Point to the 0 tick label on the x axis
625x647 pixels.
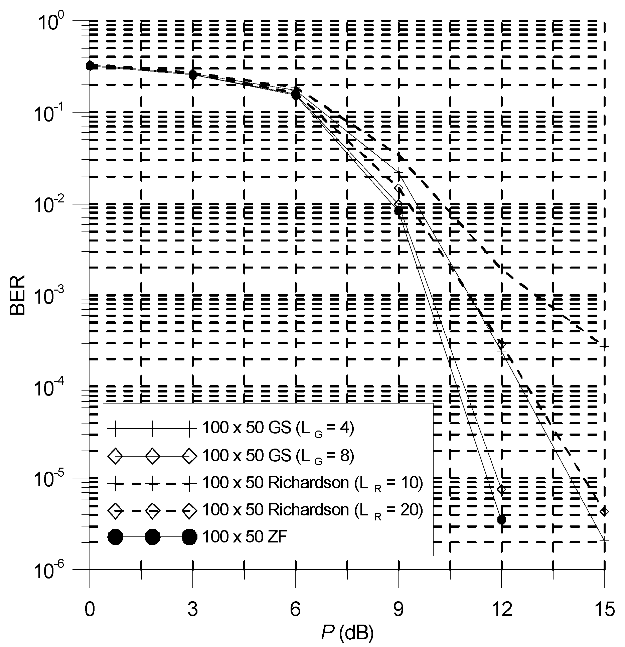coord(90,609)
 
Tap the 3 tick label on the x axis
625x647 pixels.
coord(192,609)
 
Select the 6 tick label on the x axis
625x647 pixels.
coord(295,609)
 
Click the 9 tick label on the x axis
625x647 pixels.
coord(398,609)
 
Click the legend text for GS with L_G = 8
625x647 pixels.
coord(278,456)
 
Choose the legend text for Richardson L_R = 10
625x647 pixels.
coord(313,483)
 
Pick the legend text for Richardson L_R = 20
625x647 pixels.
coord(313,510)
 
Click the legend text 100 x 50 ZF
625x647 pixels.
coord(245,537)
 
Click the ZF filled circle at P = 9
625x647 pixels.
coord(399,210)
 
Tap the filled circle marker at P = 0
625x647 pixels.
coord(90,66)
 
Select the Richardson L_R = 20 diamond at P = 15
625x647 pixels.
coord(604,511)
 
